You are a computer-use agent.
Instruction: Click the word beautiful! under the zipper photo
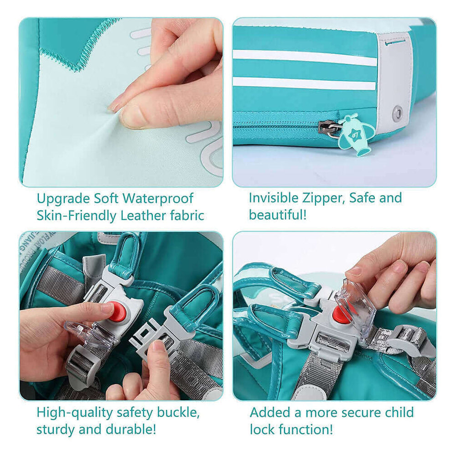pyautogui.click(x=278, y=214)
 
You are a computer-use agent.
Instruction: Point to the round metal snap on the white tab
pyautogui.click(x=398, y=111)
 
